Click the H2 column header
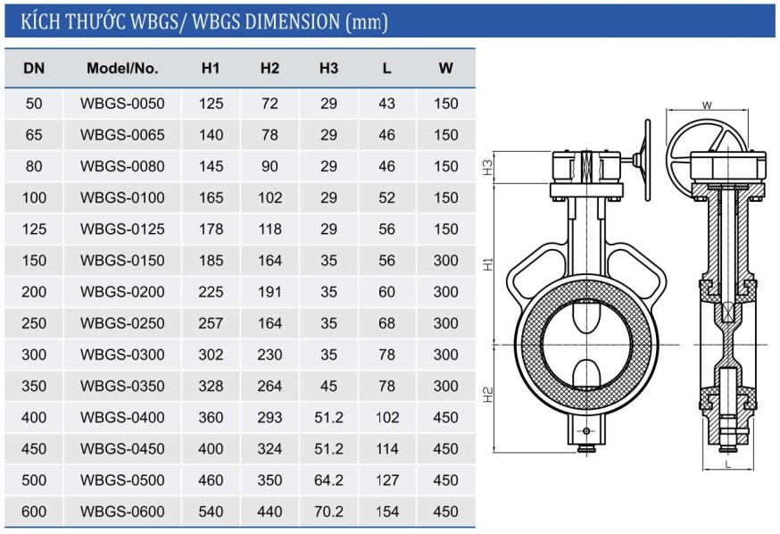coord(270,68)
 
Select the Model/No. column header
coord(122,68)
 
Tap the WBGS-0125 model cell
coord(122,229)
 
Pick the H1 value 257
coord(211,323)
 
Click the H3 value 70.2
coord(328,511)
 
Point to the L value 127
coord(387,480)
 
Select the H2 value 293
coord(270,417)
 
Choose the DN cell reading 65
coord(34,135)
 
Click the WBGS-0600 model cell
coord(122,511)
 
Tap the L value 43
coord(387,104)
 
